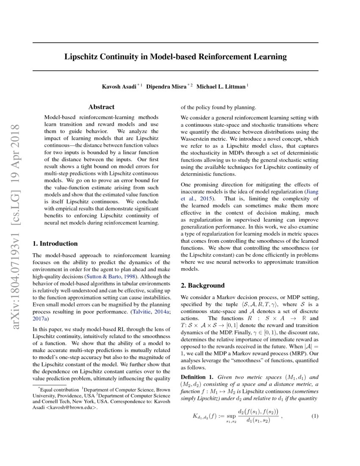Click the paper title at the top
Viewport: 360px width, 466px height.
(175, 56)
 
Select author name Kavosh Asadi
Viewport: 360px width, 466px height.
(119, 87)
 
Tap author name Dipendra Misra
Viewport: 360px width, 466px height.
(166, 87)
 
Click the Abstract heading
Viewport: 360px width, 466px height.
(101, 107)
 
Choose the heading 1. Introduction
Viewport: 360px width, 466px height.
(55, 244)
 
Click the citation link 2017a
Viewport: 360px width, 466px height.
(41, 318)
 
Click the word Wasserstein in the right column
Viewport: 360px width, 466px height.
(197, 138)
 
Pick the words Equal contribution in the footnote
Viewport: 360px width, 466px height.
(59, 388)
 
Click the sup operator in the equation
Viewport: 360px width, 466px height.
(230, 415)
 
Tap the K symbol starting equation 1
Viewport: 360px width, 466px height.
(196, 416)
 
